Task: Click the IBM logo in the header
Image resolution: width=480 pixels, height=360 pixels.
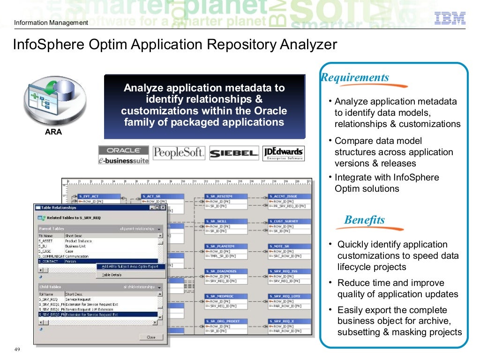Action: click(450, 18)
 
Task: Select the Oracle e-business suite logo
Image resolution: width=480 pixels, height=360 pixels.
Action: click(124, 155)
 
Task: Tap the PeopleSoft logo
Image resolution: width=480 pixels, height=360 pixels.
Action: click(179, 153)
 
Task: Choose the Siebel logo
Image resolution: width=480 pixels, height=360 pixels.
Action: click(234, 153)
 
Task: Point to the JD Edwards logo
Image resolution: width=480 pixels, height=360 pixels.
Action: click(283, 153)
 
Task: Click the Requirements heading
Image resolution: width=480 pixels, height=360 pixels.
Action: click(355, 77)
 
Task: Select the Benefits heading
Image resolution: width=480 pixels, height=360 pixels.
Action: click(364, 220)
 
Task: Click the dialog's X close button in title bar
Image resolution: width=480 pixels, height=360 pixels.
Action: click(163, 207)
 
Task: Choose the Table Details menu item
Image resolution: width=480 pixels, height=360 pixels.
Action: click(112, 275)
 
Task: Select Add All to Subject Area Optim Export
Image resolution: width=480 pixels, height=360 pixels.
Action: click(130, 267)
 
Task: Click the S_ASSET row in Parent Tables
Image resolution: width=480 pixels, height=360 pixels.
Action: click(45, 241)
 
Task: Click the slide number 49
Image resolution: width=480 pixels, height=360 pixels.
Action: click(17, 350)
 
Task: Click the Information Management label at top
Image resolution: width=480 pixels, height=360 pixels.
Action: click(51, 23)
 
